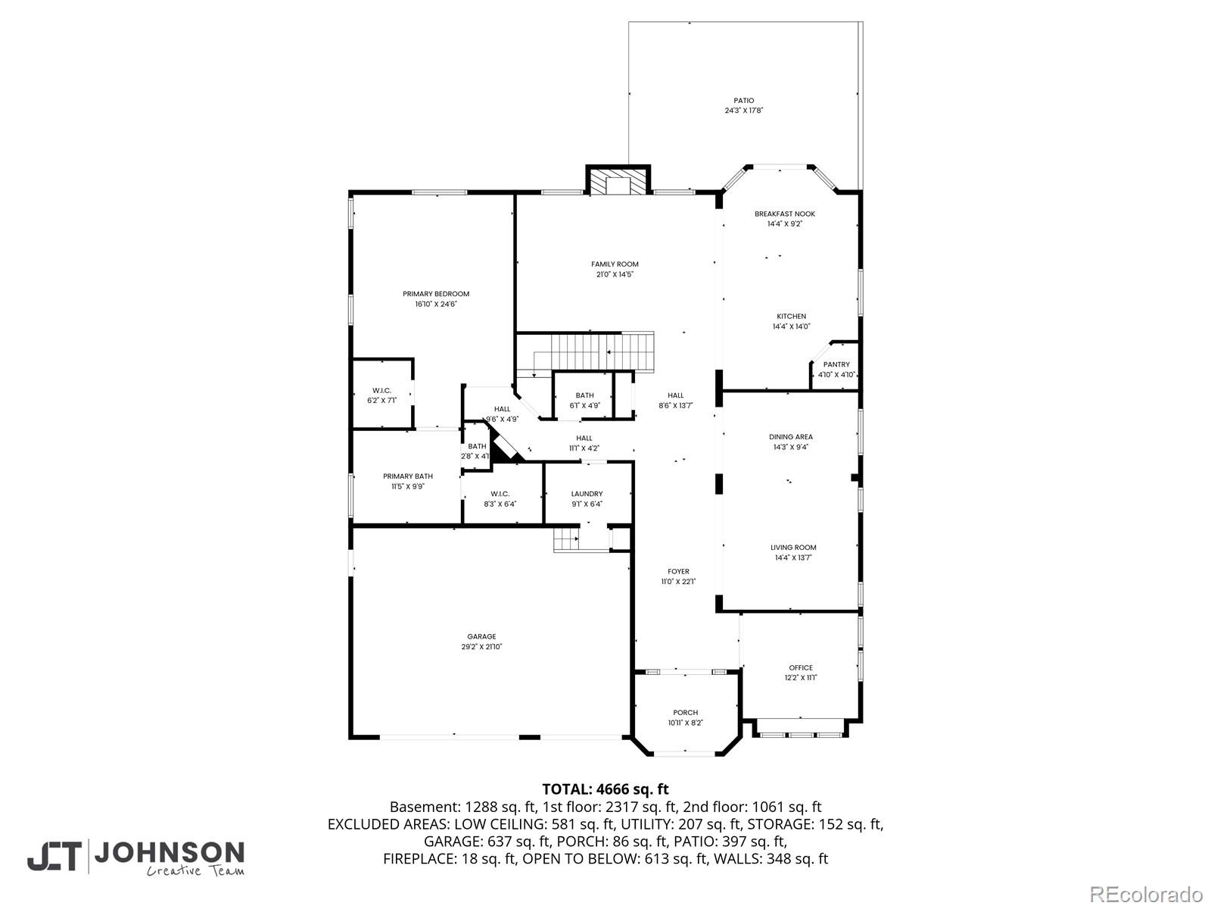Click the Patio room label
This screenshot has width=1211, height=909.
(743, 101)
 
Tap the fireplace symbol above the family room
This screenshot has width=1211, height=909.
(618, 182)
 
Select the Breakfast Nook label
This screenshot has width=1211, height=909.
(784, 214)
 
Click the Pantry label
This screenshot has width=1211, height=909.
(836, 365)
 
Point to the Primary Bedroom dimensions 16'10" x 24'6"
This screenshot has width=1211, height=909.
(436, 305)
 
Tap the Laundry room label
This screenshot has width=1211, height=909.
(587, 494)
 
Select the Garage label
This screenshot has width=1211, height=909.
(481, 637)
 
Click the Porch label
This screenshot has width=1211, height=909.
(685, 713)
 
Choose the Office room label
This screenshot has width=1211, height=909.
(800, 668)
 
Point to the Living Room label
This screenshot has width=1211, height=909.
(793, 548)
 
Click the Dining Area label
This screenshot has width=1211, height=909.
(791, 437)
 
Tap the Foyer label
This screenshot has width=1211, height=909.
(678, 572)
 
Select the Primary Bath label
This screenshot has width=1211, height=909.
(408, 476)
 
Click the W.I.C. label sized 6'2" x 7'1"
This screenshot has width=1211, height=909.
(381, 390)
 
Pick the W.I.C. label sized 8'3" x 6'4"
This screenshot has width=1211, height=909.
(500, 494)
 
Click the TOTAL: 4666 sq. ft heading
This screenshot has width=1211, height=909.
(605, 789)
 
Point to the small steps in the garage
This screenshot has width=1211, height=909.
(565, 540)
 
